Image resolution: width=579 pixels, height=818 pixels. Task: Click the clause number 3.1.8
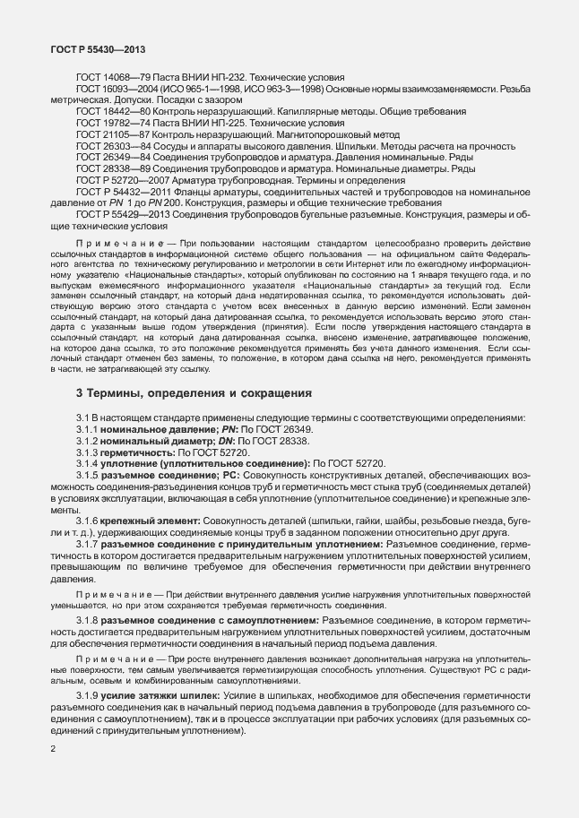click(x=88, y=594)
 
